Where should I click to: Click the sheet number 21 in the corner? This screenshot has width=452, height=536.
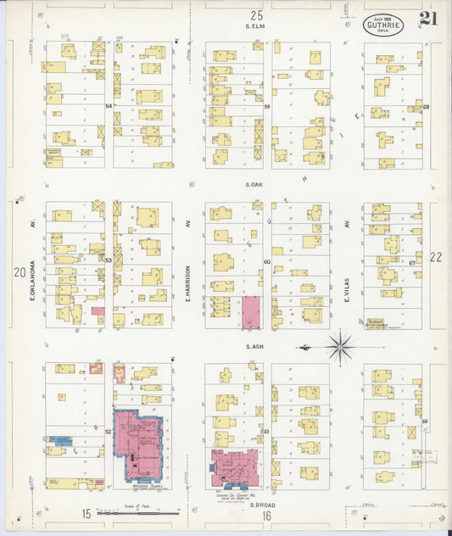427,20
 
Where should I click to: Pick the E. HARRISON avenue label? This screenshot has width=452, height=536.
187,264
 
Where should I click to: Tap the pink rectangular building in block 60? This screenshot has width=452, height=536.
252,313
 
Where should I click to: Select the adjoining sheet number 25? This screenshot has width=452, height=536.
256,15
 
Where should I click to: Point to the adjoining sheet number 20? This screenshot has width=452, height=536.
19,272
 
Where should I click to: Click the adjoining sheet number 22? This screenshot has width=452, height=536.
436,256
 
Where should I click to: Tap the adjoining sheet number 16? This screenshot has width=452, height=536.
265,515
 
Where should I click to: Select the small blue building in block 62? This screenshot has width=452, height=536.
60,440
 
